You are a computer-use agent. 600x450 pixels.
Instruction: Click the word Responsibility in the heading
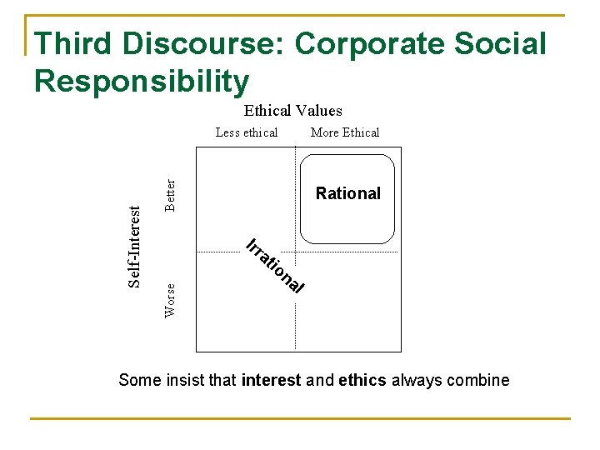click(142, 81)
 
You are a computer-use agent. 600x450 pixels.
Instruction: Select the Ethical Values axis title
click(292, 111)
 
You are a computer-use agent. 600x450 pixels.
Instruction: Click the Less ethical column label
click(247, 132)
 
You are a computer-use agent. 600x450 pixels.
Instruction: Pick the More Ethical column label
click(344, 132)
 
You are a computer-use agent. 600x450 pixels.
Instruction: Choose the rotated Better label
click(170, 195)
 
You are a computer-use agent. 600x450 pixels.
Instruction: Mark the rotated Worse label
click(170, 299)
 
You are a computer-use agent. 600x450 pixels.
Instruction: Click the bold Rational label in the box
click(347, 193)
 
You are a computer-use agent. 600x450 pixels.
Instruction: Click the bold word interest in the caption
click(271, 381)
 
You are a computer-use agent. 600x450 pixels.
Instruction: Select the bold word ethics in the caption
click(362, 381)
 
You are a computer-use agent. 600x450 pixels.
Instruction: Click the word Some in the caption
click(136, 381)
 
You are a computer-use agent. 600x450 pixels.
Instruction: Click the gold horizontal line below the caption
click(300, 418)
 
